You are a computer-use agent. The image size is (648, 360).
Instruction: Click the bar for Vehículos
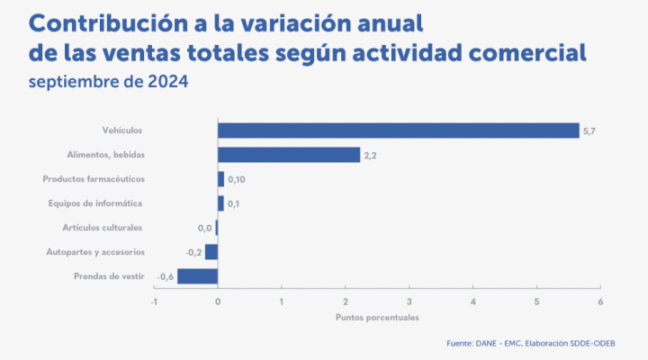coord(398,130)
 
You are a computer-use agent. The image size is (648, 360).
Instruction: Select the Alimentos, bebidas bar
coord(288,155)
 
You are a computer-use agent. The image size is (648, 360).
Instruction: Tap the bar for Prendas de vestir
coord(197,276)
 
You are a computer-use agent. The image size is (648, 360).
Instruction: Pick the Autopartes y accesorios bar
coord(211,252)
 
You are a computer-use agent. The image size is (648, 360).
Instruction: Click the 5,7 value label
coord(589,131)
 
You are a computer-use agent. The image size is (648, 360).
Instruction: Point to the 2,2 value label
coord(370,156)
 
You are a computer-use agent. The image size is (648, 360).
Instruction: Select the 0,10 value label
coord(237,180)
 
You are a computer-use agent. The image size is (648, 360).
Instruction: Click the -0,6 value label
coord(166,277)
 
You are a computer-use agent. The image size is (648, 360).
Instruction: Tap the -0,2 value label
coord(193,253)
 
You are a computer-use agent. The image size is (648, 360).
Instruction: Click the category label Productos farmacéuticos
coord(94,179)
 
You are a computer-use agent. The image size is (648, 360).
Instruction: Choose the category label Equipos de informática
coord(96,203)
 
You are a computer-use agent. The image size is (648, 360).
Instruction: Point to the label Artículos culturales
coord(103,228)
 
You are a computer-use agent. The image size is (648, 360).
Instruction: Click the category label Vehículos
coord(123,130)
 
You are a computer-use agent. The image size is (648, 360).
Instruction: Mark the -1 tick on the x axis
coord(154,301)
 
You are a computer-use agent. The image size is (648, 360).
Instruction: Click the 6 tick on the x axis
coord(600,301)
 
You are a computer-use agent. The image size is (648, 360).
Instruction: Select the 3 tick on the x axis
coord(409,301)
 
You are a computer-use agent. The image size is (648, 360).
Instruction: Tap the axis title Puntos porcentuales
coord(377,317)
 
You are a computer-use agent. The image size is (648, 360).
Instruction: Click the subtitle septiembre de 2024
coord(108,83)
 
